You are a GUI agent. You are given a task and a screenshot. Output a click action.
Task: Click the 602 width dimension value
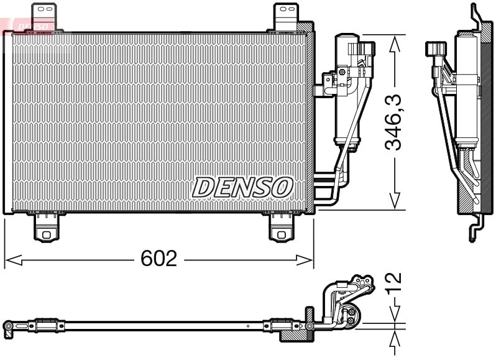pyautogui.click(x=158, y=259)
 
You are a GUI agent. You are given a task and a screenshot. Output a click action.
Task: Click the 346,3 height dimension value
pyautogui.click(x=393, y=122)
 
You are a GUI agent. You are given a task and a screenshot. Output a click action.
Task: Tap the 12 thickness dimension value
pyautogui.click(x=394, y=285)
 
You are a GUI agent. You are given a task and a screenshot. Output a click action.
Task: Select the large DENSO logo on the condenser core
pyautogui.click(x=242, y=187)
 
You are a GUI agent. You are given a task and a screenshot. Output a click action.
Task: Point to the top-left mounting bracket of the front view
pyautogui.click(x=44, y=16)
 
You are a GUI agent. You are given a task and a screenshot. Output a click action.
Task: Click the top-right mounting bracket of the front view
pyautogui.click(x=285, y=16)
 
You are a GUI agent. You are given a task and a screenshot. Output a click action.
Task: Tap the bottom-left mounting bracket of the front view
pyautogui.click(x=46, y=228)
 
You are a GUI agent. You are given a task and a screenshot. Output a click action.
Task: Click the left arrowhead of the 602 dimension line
pyautogui.click(x=12, y=259)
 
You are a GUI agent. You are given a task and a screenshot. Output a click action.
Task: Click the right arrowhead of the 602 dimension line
pyautogui.click(x=306, y=259)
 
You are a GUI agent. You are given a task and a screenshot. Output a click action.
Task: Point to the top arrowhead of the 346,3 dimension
pyautogui.click(x=393, y=44)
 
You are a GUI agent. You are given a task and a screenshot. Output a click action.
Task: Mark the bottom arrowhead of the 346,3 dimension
pyautogui.click(x=393, y=201)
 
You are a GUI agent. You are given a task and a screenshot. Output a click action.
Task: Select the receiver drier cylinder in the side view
pyautogui.click(x=466, y=93)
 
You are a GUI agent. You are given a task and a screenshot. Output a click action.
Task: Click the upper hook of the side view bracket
pyautogui.click(x=476, y=16)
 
